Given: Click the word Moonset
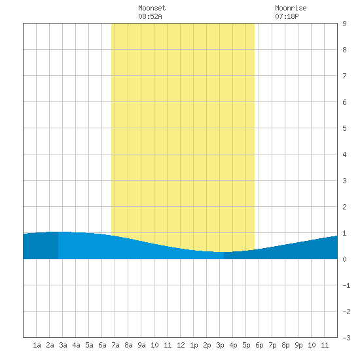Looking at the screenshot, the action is pyautogui.click(x=152, y=8).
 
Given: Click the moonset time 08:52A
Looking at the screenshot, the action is pyautogui.click(x=150, y=16).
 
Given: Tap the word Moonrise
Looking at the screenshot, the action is pyautogui.click(x=291, y=8).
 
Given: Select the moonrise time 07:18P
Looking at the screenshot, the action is pyautogui.click(x=287, y=16).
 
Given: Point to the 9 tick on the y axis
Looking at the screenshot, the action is pyautogui.click(x=344, y=24).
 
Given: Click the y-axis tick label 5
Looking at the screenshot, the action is pyautogui.click(x=344, y=128).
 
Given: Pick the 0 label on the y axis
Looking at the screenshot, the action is pyautogui.click(x=344, y=259).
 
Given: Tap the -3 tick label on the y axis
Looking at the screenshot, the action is pyautogui.click(x=346, y=338).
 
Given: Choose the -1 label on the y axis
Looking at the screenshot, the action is pyautogui.click(x=346, y=285).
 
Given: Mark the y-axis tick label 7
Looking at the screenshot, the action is pyautogui.click(x=344, y=76).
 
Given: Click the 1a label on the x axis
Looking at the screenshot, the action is pyautogui.click(x=37, y=345).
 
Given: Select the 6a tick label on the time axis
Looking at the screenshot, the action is pyautogui.click(x=102, y=345).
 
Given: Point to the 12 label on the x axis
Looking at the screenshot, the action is pyautogui.click(x=181, y=345).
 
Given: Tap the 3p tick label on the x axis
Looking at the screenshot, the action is pyautogui.click(x=220, y=345).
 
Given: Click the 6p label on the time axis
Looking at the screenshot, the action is pyautogui.click(x=259, y=345).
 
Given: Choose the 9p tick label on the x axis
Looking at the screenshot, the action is pyautogui.click(x=298, y=345).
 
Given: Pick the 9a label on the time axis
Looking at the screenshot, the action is pyautogui.click(x=141, y=345).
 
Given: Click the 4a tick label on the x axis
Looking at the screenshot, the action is pyautogui.click(x=76, y=345).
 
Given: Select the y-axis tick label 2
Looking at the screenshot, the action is pyautogui.click(x=344, y=207).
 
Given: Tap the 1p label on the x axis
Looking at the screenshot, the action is pyautogui.click(x=194, y=345).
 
